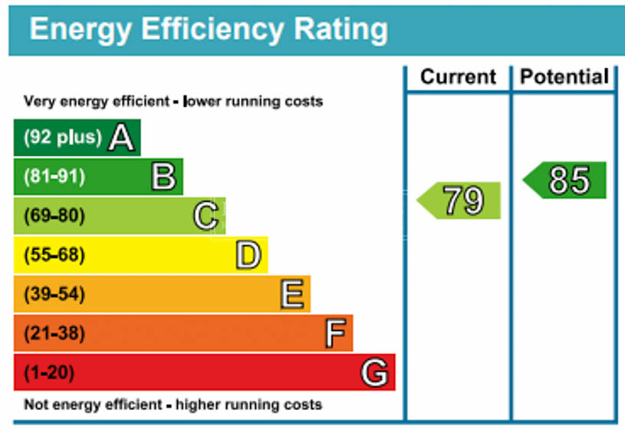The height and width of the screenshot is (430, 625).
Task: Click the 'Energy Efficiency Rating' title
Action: click(x=208, y=30)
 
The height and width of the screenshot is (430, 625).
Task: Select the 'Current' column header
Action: click(x=458, y=78)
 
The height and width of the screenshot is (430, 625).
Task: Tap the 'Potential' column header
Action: click(x=564, y=78)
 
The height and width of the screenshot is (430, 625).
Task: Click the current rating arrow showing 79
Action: click(x=459, y=200)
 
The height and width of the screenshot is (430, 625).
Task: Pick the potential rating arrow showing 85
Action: click(x=565, y=180)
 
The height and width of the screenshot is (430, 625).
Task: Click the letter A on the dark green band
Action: click(x=121, y=138)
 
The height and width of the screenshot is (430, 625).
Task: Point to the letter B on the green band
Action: click(x=163, y=177)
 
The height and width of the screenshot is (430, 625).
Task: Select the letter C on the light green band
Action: click(x=206, y=217)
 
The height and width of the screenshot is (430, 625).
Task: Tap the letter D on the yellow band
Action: click(x=248, y=256)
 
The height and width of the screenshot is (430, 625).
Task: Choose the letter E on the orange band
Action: click(x=291, y=295)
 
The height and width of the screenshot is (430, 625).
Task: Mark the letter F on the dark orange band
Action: click(x=334, y=334)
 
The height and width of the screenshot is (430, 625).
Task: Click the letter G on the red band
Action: click(x=375, y=373)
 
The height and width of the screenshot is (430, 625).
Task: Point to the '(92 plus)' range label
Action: click(x=62, y=137)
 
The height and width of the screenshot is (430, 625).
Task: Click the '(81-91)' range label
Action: click(x=54, y=177)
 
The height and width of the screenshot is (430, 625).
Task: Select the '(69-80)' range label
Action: click(x=54, y=216)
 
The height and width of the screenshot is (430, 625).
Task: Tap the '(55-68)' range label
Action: click(x=54, y=255)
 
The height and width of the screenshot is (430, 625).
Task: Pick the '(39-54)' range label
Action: click(x=54, y=294)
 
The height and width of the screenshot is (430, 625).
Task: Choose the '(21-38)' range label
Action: click(x=54, y=334)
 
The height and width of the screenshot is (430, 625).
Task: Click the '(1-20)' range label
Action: click(x=48, y=373)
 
